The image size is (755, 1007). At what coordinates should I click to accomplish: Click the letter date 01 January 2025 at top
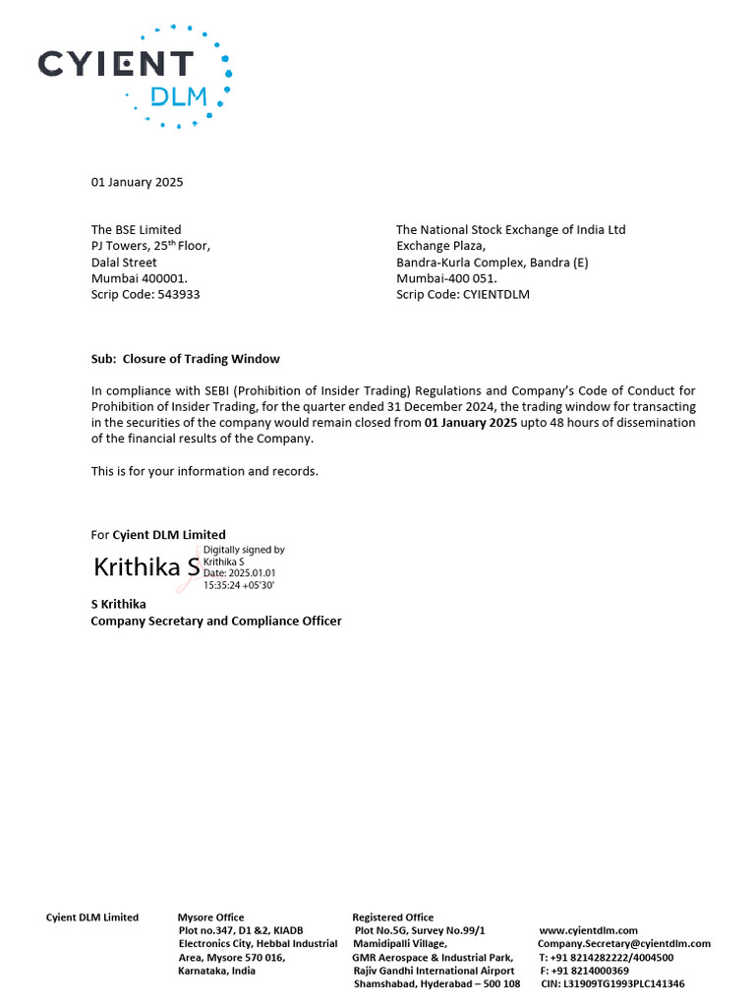tap(137, 182)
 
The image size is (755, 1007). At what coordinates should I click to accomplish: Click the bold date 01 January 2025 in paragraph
tap(470, 423)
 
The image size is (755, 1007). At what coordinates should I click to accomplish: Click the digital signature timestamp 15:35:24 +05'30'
tap(239, 585)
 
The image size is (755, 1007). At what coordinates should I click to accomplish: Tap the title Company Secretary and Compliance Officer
tap(216, 621)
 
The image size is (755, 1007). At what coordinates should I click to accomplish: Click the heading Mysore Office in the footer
tap(210, 918)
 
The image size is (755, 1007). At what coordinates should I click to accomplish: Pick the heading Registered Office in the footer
tap(392, 918)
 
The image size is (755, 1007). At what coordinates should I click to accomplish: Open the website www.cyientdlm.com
tap(589, 930)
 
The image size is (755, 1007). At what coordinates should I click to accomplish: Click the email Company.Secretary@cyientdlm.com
tap(623, 944)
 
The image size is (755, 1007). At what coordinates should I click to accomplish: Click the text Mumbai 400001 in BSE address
tap(139, 278)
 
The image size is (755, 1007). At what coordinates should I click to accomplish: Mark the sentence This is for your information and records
tap(204, 471)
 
